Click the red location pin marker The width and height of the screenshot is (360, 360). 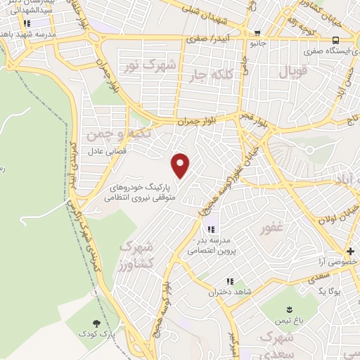click(181, 166)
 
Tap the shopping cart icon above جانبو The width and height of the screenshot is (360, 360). click(257, 33)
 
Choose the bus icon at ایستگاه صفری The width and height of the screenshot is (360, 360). click(336, 40)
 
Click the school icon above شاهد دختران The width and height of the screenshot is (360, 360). click(230, 281)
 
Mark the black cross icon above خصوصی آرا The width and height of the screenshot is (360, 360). click(349, 251)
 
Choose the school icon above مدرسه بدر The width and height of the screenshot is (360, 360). click(210, 230)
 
